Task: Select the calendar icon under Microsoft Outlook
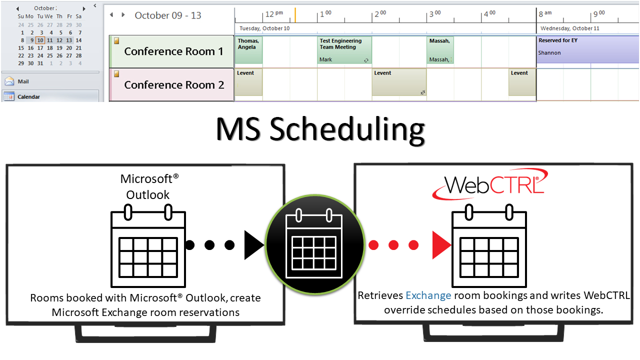coord(148,244)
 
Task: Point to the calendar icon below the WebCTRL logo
coord(489,244)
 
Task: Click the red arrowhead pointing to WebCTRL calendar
coord(441,245)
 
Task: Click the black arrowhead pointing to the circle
coord(253,245)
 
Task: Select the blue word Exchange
coord(428,295)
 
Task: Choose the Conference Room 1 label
coord(173,51)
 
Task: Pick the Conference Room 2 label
coord(173,85)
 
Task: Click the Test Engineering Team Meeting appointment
coord(344,50)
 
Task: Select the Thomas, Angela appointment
coord(248,49)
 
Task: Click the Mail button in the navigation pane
coord(23,81)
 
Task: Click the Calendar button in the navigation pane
coord(28,96)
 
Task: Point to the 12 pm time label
coord(273,13)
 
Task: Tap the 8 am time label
coord(545,13)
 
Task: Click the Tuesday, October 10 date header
coord(264,28)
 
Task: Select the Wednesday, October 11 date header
coord(569,28)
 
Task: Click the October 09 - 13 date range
coord(168,15)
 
